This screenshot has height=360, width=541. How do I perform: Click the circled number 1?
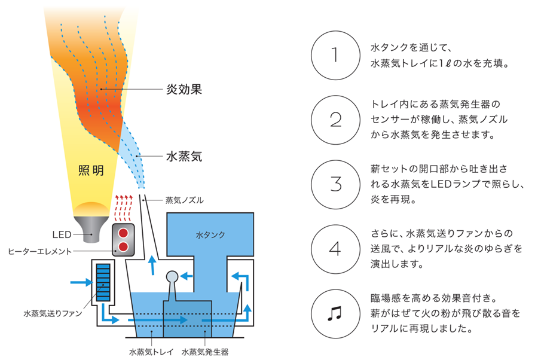pos(335,55)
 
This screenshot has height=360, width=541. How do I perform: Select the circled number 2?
pos(335,120)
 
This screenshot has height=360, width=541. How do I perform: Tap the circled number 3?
pos(335,184)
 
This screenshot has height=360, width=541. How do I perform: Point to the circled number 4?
pos(335,249)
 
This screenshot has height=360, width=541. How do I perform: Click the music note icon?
pos(334,313)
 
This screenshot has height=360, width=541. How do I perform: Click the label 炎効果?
pos(184,89)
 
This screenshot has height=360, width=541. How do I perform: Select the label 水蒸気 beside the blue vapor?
pos(184,156)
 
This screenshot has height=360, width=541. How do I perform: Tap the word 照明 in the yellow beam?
pos(91,170)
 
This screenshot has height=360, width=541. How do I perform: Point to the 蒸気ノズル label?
pos(185,200)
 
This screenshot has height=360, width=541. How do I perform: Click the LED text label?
pos(62,234)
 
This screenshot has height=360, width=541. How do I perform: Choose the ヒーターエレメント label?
pos(39,251)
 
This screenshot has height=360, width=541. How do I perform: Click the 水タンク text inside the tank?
pos(210,235)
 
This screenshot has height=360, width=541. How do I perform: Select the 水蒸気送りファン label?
pos(53,313)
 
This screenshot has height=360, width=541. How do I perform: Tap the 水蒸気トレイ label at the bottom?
pos(151,352)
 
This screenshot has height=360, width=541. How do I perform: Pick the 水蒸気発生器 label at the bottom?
pos(205,352)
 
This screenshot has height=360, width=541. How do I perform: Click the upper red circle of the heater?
pos(123,233)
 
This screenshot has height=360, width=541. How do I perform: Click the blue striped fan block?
pos(103,282)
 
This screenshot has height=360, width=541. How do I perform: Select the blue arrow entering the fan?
pos(82,282)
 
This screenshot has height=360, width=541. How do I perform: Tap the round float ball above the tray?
pos(172,276)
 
